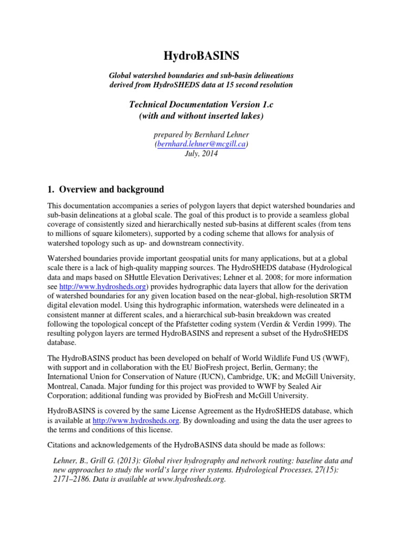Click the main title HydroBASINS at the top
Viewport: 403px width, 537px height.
[201, 56]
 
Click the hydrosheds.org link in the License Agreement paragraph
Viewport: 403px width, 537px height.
[137, 421]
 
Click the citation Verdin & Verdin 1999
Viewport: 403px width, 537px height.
[309, 324]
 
